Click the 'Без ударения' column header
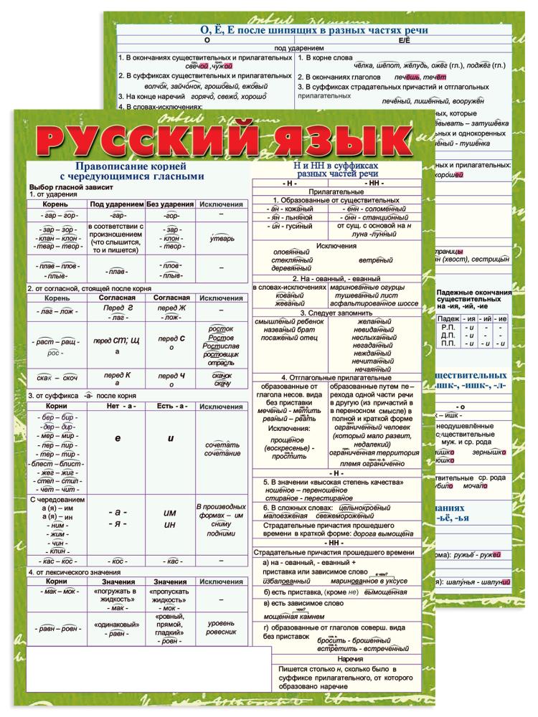click(x=170, y=204)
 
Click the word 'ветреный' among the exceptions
click(x=375, y=260)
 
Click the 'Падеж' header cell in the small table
click(x=448, y=318)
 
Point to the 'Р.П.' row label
click(x=448, y=327)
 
